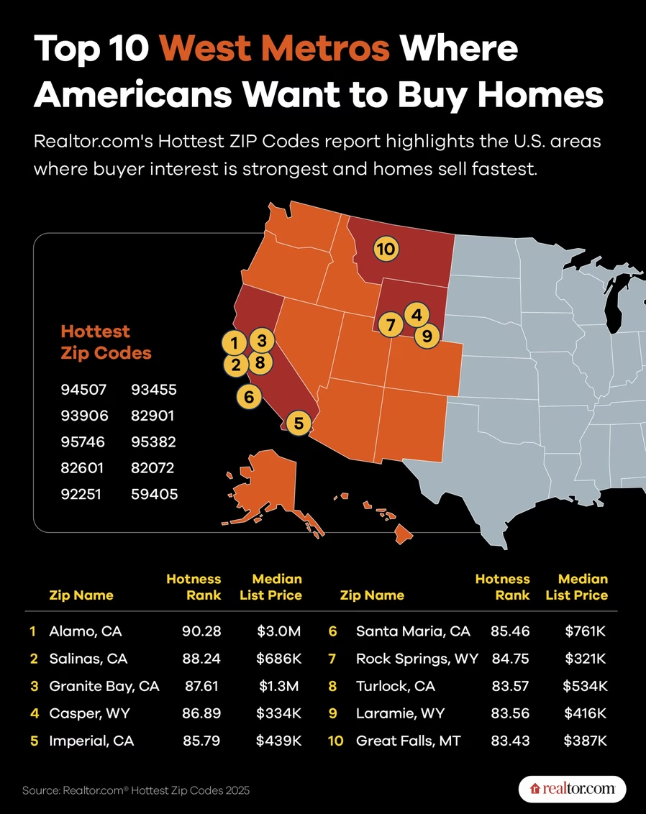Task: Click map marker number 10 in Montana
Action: pos(386,250)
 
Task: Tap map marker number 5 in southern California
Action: pos(299,423)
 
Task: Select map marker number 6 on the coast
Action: pos(249,397)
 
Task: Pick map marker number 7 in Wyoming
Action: pos(391,325)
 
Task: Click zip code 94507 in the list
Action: pos(83,389)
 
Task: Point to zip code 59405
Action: pos(154,494)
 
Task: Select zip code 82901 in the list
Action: pos(153,416)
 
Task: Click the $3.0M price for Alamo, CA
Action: pos(279,631)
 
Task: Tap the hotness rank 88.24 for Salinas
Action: pos(201,658)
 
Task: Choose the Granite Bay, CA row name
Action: pos(104,686)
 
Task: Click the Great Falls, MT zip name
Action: pos(408,741)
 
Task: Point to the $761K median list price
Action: pos(586,631)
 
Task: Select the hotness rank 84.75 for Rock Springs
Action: pos(511,658)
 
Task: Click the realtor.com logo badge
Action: pos(572,789)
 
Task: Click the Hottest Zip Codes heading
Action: pos(106,342)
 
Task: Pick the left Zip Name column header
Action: pos(81,595)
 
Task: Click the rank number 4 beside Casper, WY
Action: pos(35,713)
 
